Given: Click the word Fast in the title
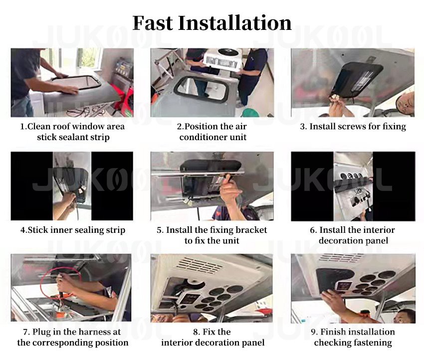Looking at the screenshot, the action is coord(153,23).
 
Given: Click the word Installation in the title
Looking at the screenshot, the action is coord(235,23).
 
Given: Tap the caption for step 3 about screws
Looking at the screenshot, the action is coord(353,127).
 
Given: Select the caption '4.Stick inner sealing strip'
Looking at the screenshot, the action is coord(73,230).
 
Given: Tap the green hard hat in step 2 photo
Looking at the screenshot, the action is coord(250,113).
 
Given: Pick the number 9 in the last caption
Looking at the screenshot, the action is coord(314,332).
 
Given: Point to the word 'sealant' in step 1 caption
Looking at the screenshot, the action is coord(74,137).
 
